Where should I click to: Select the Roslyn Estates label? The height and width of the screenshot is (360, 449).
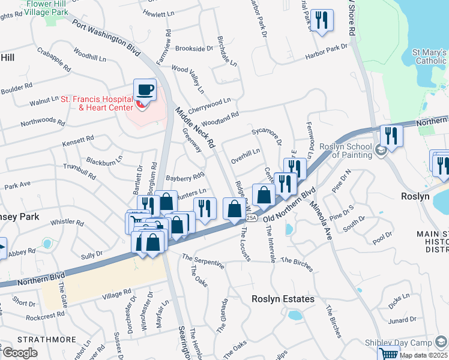283,299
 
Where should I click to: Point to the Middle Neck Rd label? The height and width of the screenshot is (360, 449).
194,127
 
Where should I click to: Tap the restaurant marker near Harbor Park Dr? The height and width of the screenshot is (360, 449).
322,21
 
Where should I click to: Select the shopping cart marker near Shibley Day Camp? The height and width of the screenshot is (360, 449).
388,355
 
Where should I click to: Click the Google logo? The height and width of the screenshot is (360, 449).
20,353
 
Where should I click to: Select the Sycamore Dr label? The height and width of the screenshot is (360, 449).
267,136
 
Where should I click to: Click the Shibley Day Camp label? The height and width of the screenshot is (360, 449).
398,343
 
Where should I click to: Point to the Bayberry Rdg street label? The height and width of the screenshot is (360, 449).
185,178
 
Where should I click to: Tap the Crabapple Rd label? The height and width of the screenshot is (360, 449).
54,61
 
